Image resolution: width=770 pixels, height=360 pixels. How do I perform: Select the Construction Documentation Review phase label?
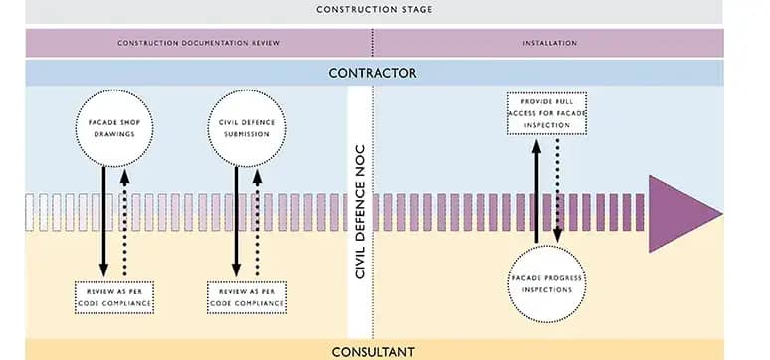pyautogui.click(x=198, y=44)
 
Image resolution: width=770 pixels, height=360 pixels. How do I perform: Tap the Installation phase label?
pyautogui.click(x=549, y=44)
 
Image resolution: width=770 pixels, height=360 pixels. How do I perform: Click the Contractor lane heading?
pyautogui.click(x=373, y=73)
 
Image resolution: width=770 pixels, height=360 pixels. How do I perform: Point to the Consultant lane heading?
pyautogui.click(x=373, y=351)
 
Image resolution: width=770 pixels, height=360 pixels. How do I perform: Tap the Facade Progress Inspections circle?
pyautogui.click(x=547, y=281)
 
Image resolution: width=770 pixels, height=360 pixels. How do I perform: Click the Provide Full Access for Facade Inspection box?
pyautogui.click(x=546, y=114)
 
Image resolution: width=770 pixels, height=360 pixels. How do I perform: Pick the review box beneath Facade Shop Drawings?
pyautogui.click(x=113, y=297)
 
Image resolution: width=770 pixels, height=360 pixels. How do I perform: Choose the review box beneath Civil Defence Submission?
pyautogui.click(x=246, y=297)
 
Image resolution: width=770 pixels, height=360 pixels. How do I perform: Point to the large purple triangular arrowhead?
pyautogui.click(x=681, y=211)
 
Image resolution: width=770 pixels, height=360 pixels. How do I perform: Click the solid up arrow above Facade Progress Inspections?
pyautogui.click(x=536, y=189)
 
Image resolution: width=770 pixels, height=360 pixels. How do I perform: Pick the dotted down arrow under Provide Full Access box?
pyautogui.click(x=558, y=189)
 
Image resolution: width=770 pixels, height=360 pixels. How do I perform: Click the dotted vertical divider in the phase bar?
pyautogui.click(x=373, y=44)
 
